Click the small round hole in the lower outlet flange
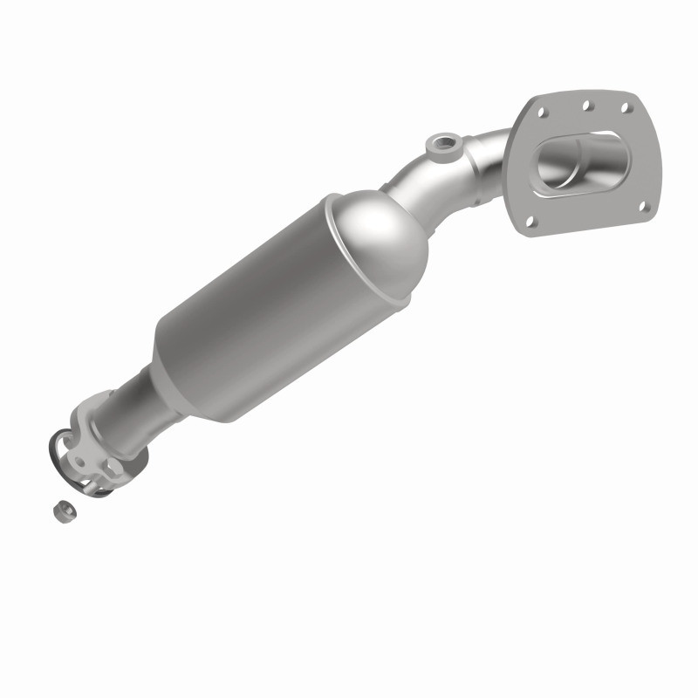click(79, 462)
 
